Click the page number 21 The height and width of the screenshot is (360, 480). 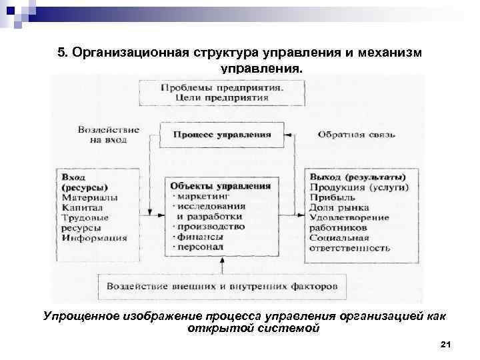click(x=447, y=344)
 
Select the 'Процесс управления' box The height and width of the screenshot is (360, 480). click(x=222, y=134)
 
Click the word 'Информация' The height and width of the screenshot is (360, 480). click(x=95, y=237)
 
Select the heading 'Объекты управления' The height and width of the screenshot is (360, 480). click(x=220, y=186)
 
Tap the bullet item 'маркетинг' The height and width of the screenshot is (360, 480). click(x=203, y=197)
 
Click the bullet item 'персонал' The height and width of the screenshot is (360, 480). click(x=202, y=247)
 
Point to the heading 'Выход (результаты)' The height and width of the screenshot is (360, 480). click(x=357, y=177)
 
